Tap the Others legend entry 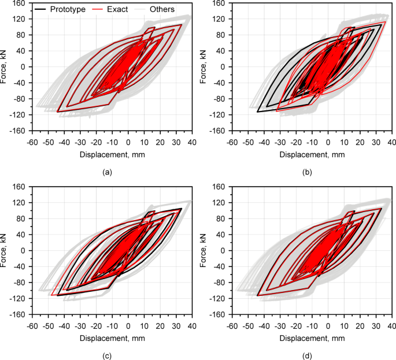pyautogui.click(x=161, y=9)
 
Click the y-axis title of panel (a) pyautogui.click(x=5, y=66)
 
